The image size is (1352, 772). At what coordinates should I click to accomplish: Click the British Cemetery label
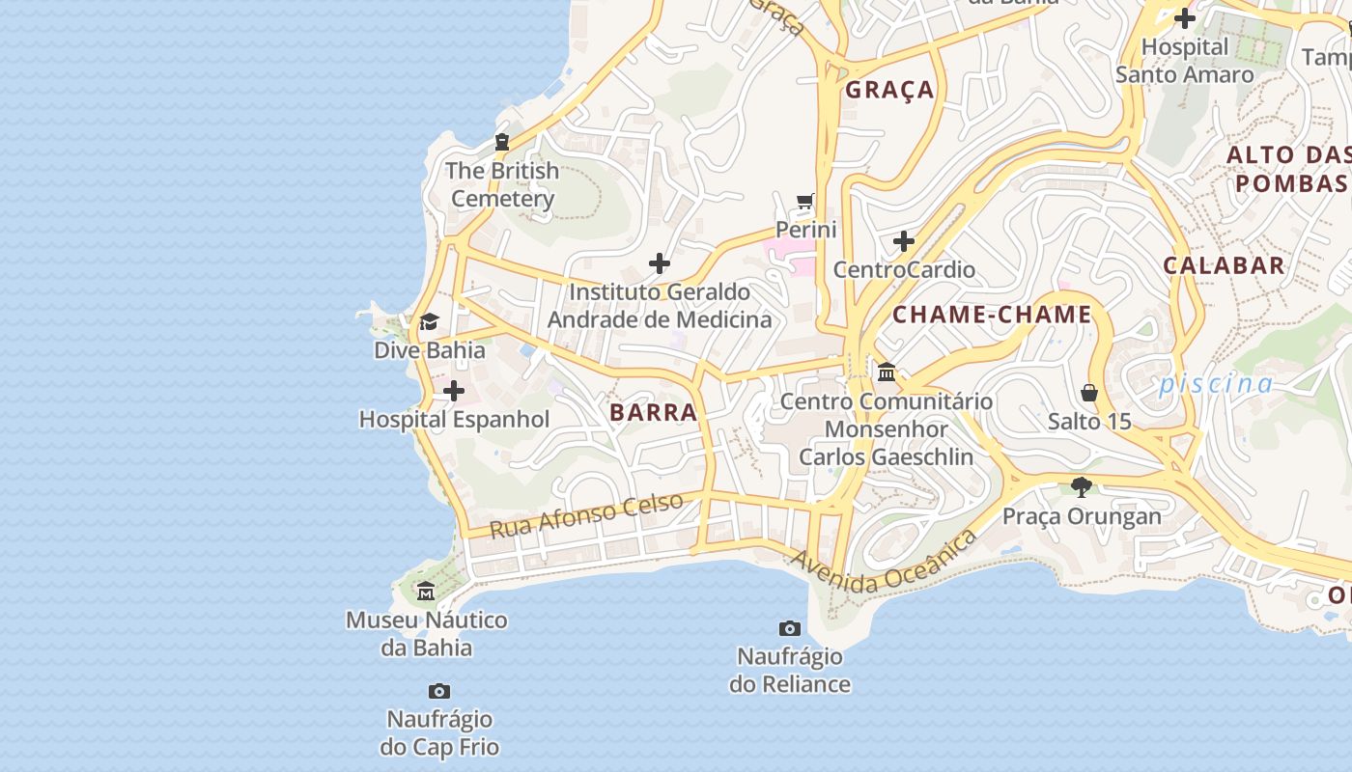click(502, 184)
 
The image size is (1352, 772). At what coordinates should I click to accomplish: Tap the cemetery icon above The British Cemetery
click(501, 142)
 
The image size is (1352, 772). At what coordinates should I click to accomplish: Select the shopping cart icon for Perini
click(805, 202)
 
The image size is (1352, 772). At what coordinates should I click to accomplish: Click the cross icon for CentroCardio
click(904, 240)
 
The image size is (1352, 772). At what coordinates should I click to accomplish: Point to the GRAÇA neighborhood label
click(889, 90)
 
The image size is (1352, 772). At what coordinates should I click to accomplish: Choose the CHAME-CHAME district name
click(992, 315)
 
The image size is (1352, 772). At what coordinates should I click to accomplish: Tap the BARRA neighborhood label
click(653, 412)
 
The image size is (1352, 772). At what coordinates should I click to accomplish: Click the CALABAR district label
click(1224, 265)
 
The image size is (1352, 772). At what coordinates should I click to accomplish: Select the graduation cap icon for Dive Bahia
click(429, 321)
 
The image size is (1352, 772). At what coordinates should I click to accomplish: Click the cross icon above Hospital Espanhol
click(453, 391)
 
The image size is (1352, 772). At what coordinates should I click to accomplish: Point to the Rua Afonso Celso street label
click(586, 515)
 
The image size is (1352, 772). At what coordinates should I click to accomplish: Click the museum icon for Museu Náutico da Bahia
click(426, 591)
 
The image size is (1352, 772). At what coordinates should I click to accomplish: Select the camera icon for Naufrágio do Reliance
click(790, 629)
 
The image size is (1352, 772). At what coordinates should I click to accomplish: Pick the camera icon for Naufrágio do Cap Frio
click(439, 691)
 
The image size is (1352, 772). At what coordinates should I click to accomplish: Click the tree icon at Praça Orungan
click(1082, 487)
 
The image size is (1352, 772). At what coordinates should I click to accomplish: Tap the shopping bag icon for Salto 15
click(1089, 393)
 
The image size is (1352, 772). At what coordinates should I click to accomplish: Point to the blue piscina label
click(1216, 383)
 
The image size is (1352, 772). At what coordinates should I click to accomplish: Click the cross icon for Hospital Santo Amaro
click(1185, 18)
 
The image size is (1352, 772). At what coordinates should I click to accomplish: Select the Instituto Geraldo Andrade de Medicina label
click(660, 305)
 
